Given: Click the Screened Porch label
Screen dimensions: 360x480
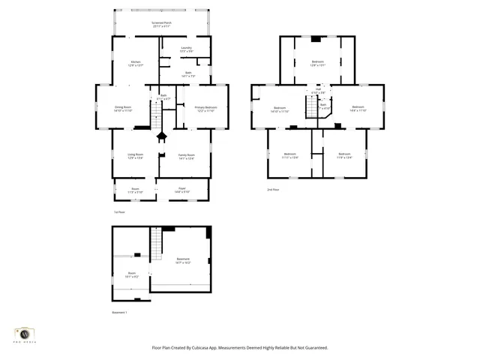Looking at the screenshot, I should coord(161,23).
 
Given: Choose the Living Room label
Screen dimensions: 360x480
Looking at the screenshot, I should coord(135,156).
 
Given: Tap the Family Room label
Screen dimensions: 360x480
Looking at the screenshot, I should coord(186,156).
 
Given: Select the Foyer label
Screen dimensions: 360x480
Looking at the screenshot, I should coord(181,190).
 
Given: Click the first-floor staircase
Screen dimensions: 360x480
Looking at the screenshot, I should coord(157,116).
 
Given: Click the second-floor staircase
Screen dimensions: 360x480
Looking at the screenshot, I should coord(309,109).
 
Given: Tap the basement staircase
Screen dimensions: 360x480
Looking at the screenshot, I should coord(156,243).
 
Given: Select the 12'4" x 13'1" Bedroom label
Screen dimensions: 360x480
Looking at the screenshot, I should coord(318,63).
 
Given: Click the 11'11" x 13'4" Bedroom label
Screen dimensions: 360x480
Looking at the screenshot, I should coord(289,156).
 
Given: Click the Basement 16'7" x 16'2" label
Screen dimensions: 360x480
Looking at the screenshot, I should coord(183,261).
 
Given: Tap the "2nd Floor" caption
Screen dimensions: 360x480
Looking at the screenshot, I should coord(274,190).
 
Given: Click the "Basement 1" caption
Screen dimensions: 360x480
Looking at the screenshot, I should coord(120,312).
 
